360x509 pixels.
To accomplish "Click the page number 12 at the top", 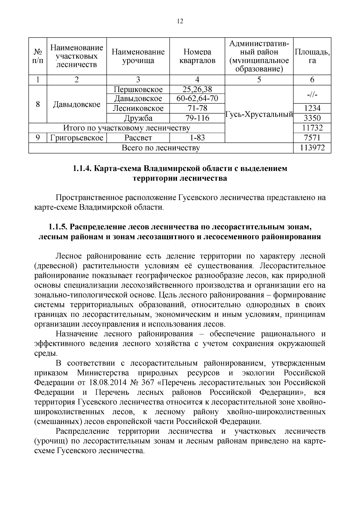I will click(180, 21).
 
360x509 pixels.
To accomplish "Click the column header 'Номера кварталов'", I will click(197, 56).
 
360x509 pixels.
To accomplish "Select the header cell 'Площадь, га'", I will click(312, 56).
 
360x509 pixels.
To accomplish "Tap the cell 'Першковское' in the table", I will click(138, 89).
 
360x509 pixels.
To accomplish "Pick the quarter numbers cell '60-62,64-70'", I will click(197, 98).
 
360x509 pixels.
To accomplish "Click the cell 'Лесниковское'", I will click(138, 108).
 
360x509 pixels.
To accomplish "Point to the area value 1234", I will click(312, 108).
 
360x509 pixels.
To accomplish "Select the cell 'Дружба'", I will click(138, 118).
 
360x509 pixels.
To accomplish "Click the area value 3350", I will click(312, 118).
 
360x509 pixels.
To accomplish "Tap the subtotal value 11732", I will click(312, 128).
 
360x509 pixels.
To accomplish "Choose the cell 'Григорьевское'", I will click(77, 138).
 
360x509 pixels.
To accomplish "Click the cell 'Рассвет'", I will click(138, 138).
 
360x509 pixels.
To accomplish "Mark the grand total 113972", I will click(312, 148).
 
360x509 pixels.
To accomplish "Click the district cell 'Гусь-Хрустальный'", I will click(259, 114).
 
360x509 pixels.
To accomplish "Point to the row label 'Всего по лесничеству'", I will click(161, 148).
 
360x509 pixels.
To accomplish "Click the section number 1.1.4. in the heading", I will click(82, 169).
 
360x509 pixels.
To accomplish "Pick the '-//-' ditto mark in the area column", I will click(312, 94).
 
